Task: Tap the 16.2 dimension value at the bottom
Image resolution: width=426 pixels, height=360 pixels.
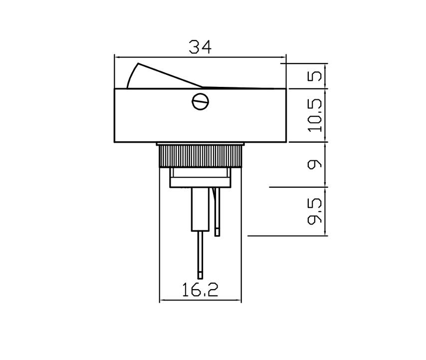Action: pos(200,291)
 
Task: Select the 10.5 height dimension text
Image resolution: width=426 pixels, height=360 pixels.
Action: pos(315,115)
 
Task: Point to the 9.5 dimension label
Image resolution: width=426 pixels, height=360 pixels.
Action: pos(315,211)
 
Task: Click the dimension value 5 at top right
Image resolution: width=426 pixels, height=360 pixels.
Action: pos(315,76)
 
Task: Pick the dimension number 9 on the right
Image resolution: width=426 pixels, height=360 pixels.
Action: pos(315,164)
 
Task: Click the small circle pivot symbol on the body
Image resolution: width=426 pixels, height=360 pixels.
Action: pos(200,102)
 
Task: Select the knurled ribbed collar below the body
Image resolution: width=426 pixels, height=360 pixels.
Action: pos(200,156)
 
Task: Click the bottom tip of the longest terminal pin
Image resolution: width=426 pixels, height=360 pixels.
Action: pos(200,276)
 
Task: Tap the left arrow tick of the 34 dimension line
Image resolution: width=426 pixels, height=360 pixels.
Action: pos(115,56)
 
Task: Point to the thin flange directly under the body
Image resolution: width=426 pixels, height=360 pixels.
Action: pos(200,144)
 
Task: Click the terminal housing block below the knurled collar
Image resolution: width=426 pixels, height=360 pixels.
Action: pos(200,177)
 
